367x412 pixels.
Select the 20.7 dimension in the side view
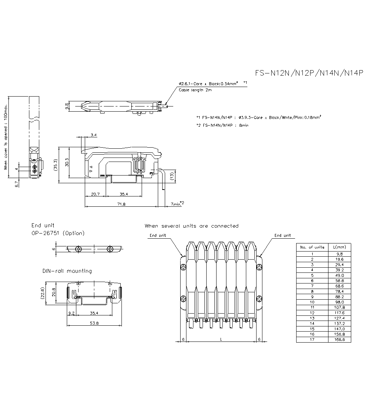pyautogui.click(x=95, y=194)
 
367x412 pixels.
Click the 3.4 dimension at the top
pyautogui.click(x=94, y=135)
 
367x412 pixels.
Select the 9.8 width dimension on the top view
pyautogui.click(x=66, y=106)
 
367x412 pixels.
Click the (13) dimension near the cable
pyautogui.click(x=172, y=176)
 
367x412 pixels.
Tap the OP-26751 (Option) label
pyautogui.click(x=58, y=233)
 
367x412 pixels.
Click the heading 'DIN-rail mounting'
pyautogui.click(x=67, y=271)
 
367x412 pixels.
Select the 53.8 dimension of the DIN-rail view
pyautogui.click(x=94, y=323)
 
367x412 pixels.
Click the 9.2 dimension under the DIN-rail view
pyautogui.click(x=72, y=313)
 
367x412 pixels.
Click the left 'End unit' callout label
pyautogui.click(x=158, y=235)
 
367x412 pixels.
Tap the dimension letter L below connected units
pyautogui.click(x=221, y=339)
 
